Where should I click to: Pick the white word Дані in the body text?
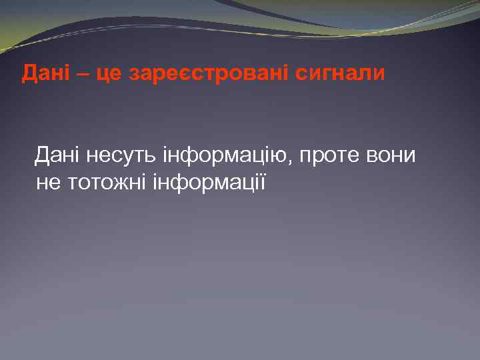point(57,156)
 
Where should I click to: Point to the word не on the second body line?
point(47,183)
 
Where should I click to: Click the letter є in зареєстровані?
point(190,75)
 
